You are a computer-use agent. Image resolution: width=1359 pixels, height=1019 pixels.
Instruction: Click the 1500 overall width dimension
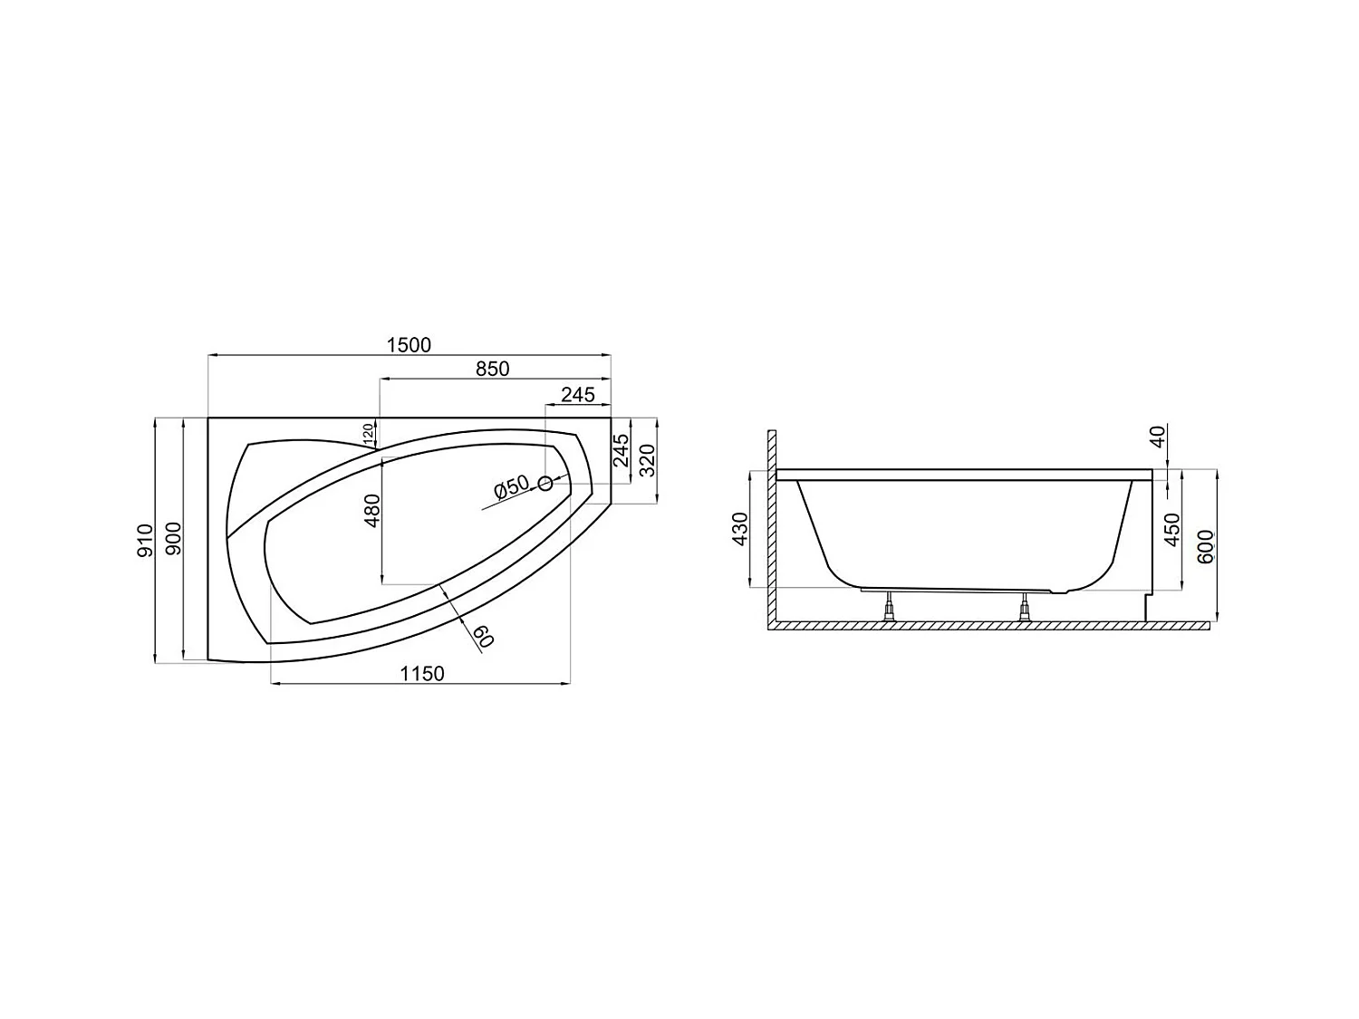point(409,345)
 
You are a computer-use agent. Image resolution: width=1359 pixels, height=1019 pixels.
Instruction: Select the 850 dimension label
point(493,370)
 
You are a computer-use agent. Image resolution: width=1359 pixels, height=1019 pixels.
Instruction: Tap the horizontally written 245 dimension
point(577,394)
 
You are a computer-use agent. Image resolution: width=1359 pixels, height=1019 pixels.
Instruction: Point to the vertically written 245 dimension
point(622,451)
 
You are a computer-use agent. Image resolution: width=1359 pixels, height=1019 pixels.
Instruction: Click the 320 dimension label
point(647,459)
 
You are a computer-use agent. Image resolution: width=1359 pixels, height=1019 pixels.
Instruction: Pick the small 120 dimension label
point(369,434)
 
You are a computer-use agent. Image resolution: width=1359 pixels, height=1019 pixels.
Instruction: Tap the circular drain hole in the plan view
point(545,484)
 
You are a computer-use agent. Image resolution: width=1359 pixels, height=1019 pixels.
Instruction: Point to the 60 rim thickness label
point(482,637)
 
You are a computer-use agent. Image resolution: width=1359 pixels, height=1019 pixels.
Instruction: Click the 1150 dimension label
point(422,674)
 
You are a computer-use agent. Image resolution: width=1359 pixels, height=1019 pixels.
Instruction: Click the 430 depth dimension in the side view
point(740,529)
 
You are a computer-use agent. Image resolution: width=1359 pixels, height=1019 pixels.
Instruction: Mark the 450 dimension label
point(1172,529)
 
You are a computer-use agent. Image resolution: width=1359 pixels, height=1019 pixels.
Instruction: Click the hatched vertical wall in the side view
point(772,525)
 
